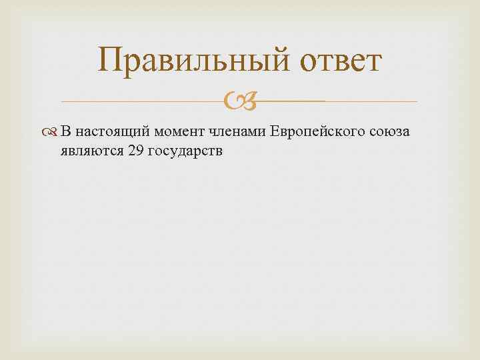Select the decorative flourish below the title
(239, 102)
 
